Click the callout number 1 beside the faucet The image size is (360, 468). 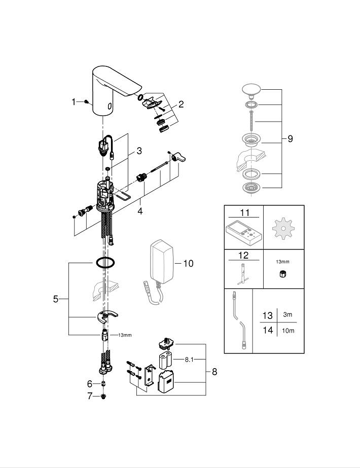coord(74,102)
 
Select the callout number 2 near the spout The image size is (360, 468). coord(181,105)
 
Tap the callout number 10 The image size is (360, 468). coord(188,264)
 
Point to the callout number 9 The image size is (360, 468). coord(290,138)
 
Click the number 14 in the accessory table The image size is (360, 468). coord(267,331)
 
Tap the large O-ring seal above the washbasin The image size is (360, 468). coord(104,263)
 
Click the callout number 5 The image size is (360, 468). coord(56,299)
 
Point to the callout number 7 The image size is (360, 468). coord(90,396)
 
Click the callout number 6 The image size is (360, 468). coord(90,384)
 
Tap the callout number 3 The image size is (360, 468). coord(138,151)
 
